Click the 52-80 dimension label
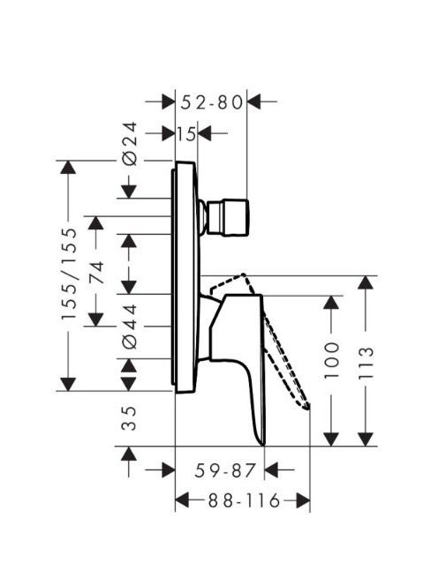pos(212,102)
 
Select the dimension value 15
pos(186,134)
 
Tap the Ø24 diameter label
pos(130,144)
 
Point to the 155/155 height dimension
pos(70,274)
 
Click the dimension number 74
pos(96,274)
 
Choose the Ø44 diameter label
pos(130,327)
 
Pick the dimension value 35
pos(130,418)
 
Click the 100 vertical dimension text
pos(331,360)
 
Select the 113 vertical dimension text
pos(366,363)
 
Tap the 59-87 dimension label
pos(225,470)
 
